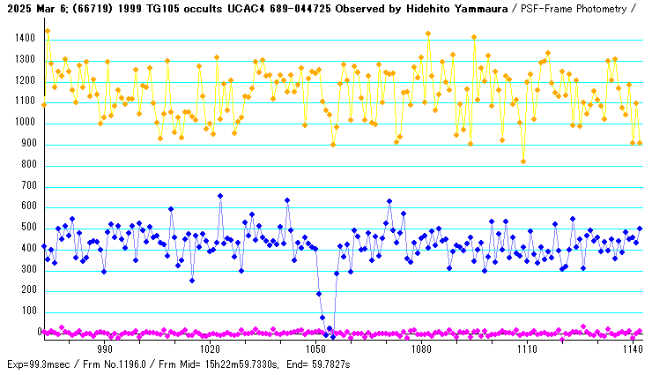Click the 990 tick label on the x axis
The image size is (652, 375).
[x=104, y=349]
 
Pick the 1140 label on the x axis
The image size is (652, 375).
[x=632, y=349]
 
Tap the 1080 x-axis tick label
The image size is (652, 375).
[x=421, y=349]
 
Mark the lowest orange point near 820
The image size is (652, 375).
[x=523, y=161]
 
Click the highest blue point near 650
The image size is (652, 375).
[x=220, y=196]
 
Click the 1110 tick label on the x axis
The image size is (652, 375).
[x=527, y=349]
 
